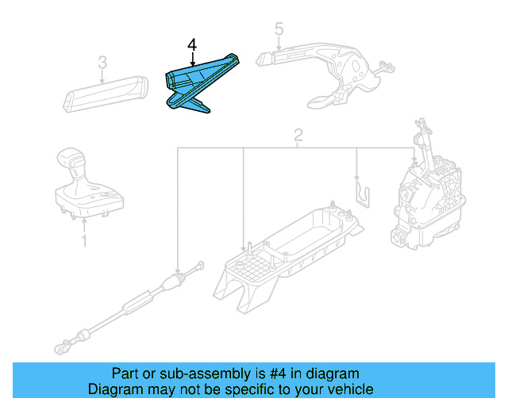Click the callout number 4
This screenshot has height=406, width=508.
pos(191,44)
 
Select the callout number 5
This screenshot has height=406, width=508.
pos(278,31)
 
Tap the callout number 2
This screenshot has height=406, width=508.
pos(297,136)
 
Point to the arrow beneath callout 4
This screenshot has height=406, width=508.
pos(191,59)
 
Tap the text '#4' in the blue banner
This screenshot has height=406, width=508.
pos(260,373)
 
